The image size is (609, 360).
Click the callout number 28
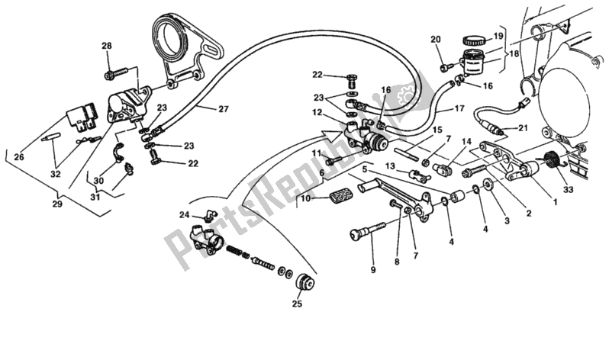tap(106, 47)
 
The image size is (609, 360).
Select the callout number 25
tap(297, 304)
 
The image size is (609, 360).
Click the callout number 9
tap(373, 268)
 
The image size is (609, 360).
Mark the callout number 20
tap(436, 40)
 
